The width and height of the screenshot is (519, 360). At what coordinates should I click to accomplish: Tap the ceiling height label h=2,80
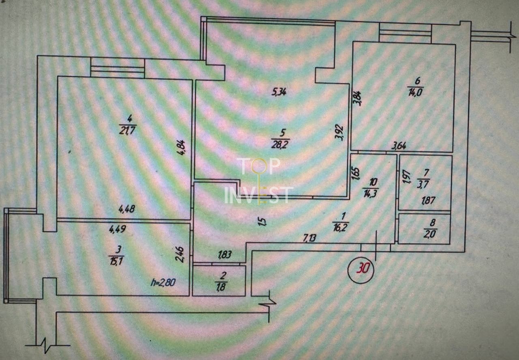163,283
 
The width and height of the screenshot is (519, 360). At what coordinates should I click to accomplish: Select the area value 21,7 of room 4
128,130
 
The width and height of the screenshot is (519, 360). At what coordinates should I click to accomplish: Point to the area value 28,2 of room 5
280,145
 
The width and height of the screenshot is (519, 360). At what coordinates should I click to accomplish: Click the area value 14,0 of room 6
415,92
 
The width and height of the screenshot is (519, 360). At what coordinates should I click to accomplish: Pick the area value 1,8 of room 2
221,287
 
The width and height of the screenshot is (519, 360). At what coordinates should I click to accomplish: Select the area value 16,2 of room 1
340,228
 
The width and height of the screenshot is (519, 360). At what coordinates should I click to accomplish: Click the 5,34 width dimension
279,92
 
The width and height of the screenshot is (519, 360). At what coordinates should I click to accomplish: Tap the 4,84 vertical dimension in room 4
181,147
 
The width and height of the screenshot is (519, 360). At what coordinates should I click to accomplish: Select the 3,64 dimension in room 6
399,146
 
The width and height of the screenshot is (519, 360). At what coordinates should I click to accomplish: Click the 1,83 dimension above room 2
225,255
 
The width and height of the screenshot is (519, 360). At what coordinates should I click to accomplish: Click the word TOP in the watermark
258,166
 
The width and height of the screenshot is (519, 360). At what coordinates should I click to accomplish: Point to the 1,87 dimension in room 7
429,200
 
